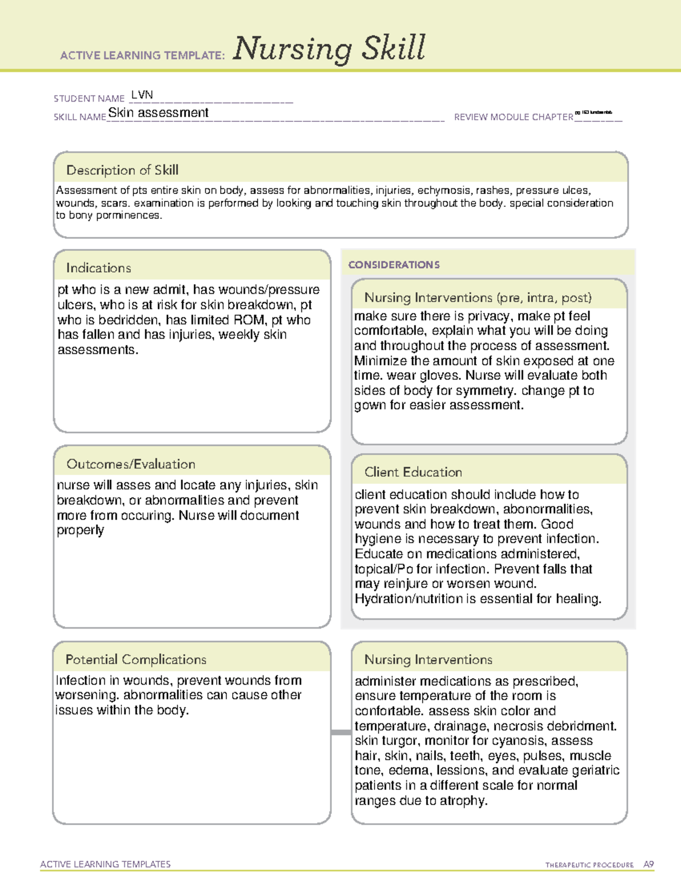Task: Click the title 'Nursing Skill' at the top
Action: click(x=329, y=49)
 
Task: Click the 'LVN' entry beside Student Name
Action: click(x=142, y=95)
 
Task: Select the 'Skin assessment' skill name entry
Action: click(x=158, y=113)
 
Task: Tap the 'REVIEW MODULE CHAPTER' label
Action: click(x=513, y=117)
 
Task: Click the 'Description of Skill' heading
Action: click(x=122, y=170)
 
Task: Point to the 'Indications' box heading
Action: click(x=98, y=268)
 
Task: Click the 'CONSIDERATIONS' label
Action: click(x=394, y=265)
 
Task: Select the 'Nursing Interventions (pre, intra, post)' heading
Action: click(x=478, y=298)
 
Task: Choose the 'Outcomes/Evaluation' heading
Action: click(x=131, y=464)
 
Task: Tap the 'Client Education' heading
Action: click(x=413, y=472)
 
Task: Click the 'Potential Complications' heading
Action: click(x=136, y=659)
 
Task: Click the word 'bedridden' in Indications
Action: click(x=130, y=320)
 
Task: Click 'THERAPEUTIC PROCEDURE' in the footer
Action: click(x=590, y=865)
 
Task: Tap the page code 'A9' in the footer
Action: click(x=649, y=865)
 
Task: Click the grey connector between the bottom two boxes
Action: click(x=340, y=732)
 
